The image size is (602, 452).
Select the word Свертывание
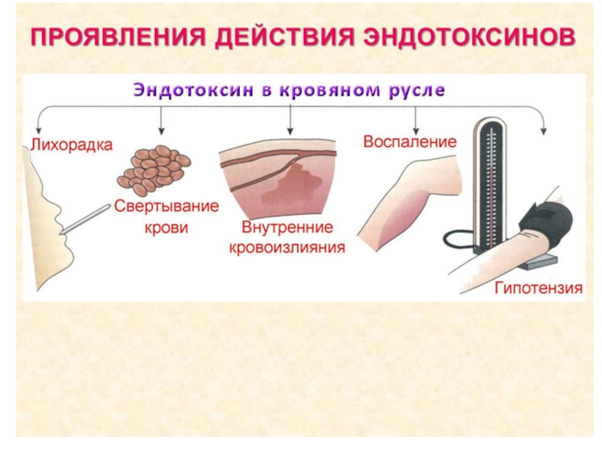tap(166, 206)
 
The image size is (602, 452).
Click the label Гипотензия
tap(539, 289)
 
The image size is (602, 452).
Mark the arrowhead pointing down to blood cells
tap(160, 131)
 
